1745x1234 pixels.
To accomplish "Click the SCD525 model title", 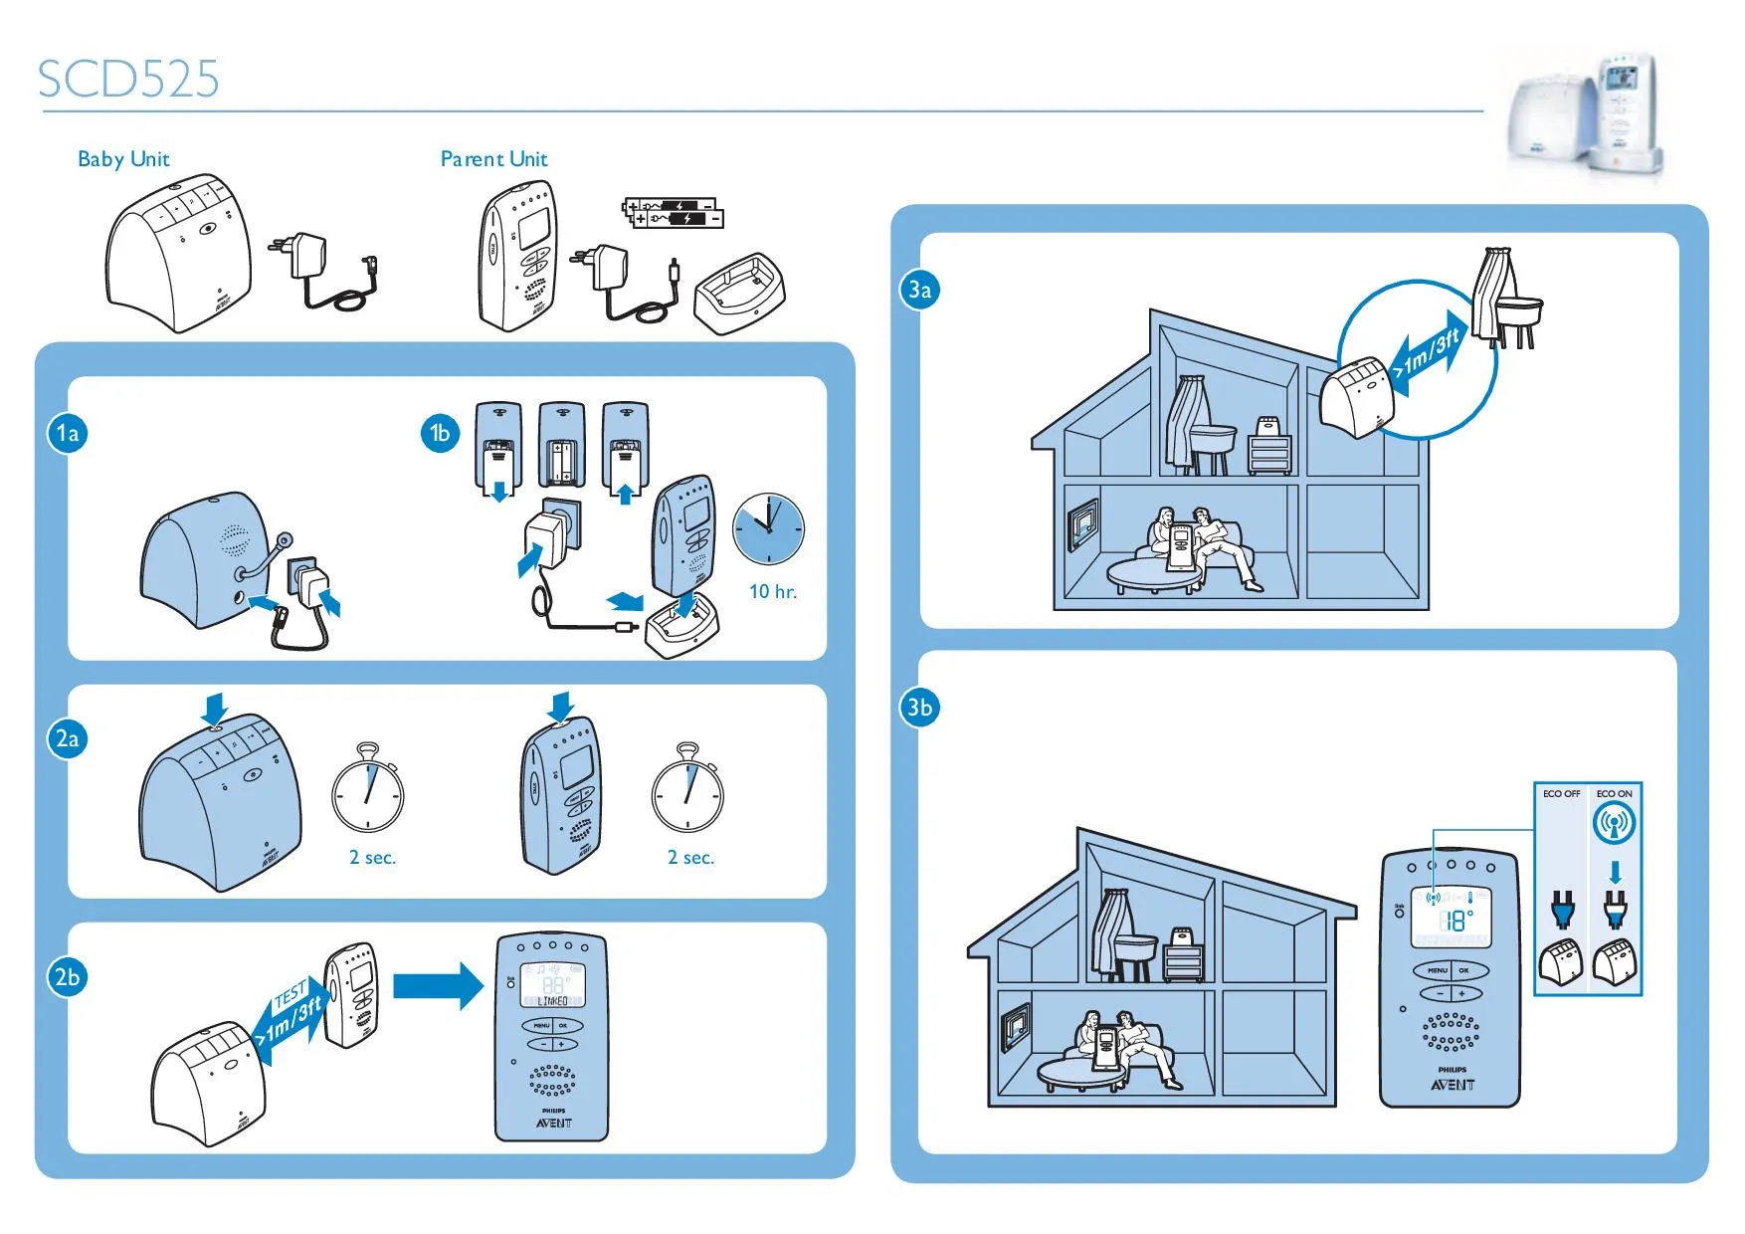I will point(128,79).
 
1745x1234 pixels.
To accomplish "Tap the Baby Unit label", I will point(123,159).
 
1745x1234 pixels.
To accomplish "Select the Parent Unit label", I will point(493,159).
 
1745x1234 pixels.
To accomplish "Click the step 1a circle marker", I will point(68,433).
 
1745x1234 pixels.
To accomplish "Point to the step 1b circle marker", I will point(440,433).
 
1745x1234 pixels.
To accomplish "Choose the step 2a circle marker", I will point(68,738).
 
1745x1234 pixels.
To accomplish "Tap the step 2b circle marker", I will point(68,977).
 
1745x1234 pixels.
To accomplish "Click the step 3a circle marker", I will point(919,290).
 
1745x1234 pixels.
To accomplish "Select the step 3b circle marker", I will point(919,708).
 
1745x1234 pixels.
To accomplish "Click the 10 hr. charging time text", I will point(773,592).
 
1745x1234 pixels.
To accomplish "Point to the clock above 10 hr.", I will point(768,528).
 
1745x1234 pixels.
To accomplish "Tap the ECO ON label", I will point(1614,794).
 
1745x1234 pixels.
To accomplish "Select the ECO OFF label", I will point(1561,794).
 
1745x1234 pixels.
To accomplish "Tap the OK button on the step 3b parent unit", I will point(1463,970).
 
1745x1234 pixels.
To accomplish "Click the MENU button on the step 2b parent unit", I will point(541,1025).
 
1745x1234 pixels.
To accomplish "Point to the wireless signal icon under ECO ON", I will point(1614,824).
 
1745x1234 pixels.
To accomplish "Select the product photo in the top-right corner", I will point(1586,117).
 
